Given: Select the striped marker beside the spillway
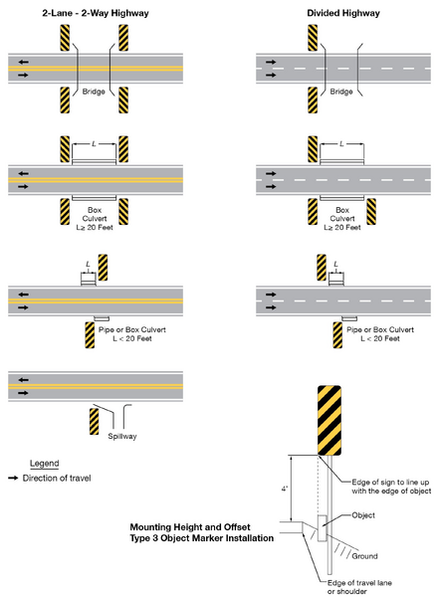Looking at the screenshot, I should pyautogui.click(x=94, y=422).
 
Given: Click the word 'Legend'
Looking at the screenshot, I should pyautogui.click(x=45, y=464).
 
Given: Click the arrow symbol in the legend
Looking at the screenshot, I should pyautogui.click(x=14, y=480).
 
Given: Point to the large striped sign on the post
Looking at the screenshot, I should pyautogui.click(x=329, y=419).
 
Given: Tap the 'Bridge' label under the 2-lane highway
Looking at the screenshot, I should pyautogui.click(x=94, y=91).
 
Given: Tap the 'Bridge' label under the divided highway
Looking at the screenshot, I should pyautogui.click(x=341, y=91).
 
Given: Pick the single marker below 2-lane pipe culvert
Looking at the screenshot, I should pyautogui.click(x=77, y=333).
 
